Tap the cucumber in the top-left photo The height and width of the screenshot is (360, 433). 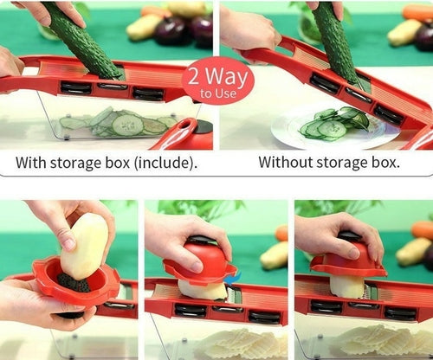(82, 39)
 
